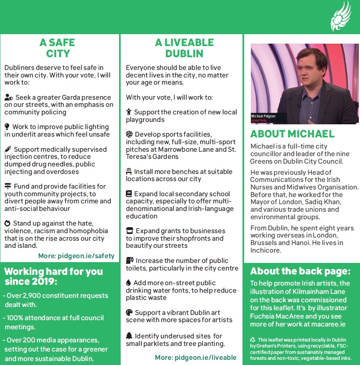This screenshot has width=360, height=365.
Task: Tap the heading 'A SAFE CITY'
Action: [58, 48]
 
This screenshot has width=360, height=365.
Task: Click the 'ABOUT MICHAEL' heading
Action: [292, 134]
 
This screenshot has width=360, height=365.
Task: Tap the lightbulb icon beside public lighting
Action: [7, 127]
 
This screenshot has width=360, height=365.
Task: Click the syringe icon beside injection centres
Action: [8, 149]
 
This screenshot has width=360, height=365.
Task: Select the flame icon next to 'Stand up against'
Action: [7, 224]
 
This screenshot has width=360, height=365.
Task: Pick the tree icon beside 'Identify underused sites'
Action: [129, 336]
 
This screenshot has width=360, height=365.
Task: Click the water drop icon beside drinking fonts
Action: [128, 283]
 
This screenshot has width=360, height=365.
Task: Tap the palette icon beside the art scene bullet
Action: [129, 313]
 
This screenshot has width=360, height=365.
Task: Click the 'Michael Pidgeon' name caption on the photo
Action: [263, 116]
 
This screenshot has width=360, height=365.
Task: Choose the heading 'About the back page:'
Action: [300, 272]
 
